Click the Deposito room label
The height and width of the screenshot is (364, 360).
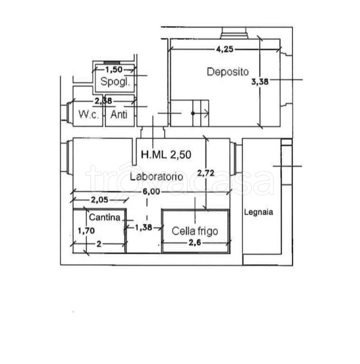click(228, 72)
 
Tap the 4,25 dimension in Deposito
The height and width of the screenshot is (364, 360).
click(225, 49)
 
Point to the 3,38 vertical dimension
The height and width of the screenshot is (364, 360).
click(260, 82)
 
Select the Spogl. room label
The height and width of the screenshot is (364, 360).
click(115, 82)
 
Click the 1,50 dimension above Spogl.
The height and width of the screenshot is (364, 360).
click(114, 69)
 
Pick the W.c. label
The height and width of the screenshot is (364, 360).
click(89, 114)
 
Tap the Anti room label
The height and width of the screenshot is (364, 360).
click(119, 114)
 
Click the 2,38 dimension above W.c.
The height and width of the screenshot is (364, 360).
click(103, 101)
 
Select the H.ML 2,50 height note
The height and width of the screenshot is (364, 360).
click(166, 155)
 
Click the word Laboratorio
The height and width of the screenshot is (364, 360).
click(157, 177)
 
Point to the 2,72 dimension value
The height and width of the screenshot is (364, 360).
click(205, 173)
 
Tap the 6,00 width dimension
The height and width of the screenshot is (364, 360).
click(151, 191)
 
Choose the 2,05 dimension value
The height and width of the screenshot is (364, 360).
click(100, 200)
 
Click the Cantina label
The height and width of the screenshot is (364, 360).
click(104, 217)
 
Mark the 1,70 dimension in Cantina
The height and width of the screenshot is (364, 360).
click(86, 231)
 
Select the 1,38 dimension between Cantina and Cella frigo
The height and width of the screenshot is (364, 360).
click(144, 227)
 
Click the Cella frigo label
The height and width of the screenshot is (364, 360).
click(195, 231)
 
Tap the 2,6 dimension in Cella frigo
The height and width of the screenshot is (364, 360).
click(194, 243)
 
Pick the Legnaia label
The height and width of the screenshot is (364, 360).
click(258, 212)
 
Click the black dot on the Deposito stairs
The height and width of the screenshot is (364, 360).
click(193, 113)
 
